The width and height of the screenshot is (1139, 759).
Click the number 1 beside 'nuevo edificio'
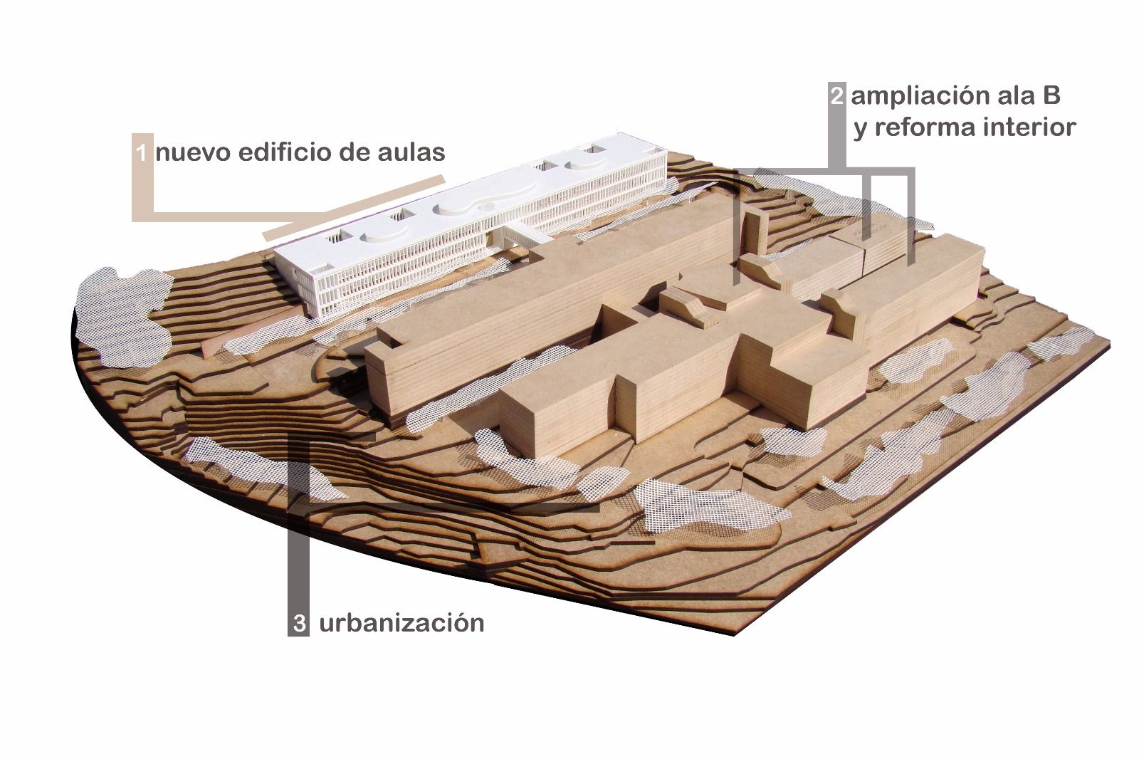(141, 152)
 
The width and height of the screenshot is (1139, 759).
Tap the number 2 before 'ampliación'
(836, 95)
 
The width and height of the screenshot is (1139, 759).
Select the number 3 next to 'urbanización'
(300, 623)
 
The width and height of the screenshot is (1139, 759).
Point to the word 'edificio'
(285, 152)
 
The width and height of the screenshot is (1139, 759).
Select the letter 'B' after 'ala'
(1051, 96)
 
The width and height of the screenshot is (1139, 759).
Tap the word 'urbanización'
(401, 623)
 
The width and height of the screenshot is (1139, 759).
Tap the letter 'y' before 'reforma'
(861, 130)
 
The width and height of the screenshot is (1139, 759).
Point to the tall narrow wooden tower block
(756, 231)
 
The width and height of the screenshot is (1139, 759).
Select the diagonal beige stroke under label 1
(355, 208)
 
